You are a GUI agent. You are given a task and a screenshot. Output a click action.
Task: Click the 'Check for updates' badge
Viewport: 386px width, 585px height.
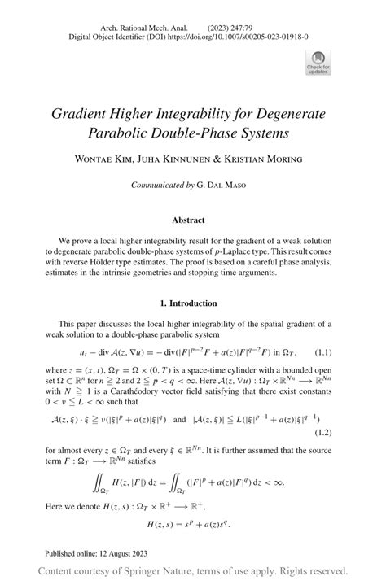(315, 63)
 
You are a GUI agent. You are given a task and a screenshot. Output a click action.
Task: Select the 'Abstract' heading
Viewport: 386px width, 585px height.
(193, 220)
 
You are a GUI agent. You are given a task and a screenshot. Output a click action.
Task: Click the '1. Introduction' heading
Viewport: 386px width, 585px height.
(193, 303)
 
